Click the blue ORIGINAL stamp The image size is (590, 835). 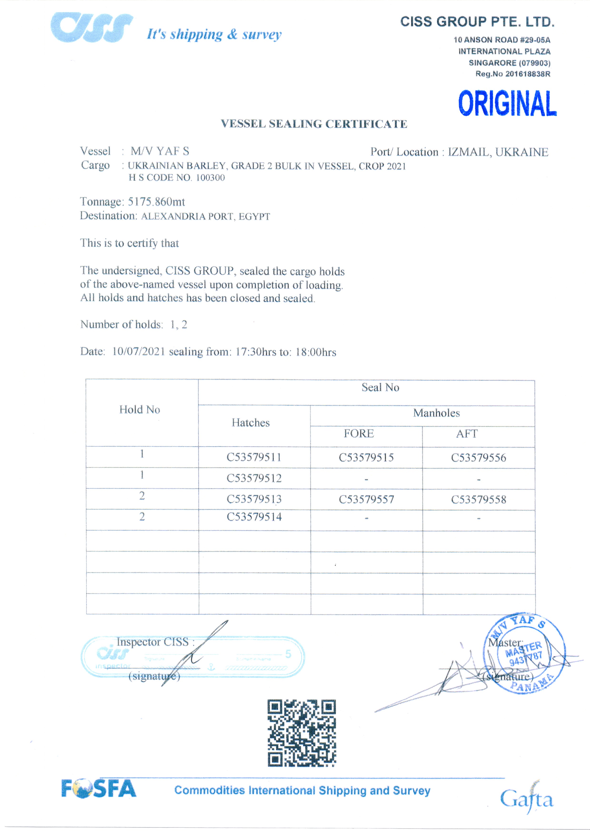point(507,104)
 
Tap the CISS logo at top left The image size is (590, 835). point(92,27)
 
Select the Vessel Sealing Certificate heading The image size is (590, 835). point(314,124)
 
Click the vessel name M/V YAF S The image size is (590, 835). point(160,151)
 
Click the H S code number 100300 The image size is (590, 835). point(211,178)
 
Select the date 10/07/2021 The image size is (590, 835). point(138,351)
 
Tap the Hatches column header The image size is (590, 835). point(251,422)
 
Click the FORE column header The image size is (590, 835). point(359,433)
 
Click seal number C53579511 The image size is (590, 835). point(254,457)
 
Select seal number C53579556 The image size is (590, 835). point(478,457)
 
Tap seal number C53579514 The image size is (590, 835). point(254,517)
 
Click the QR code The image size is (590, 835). point(302,733)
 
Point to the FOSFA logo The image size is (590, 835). point(99,789)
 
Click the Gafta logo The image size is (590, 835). point(526,799)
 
